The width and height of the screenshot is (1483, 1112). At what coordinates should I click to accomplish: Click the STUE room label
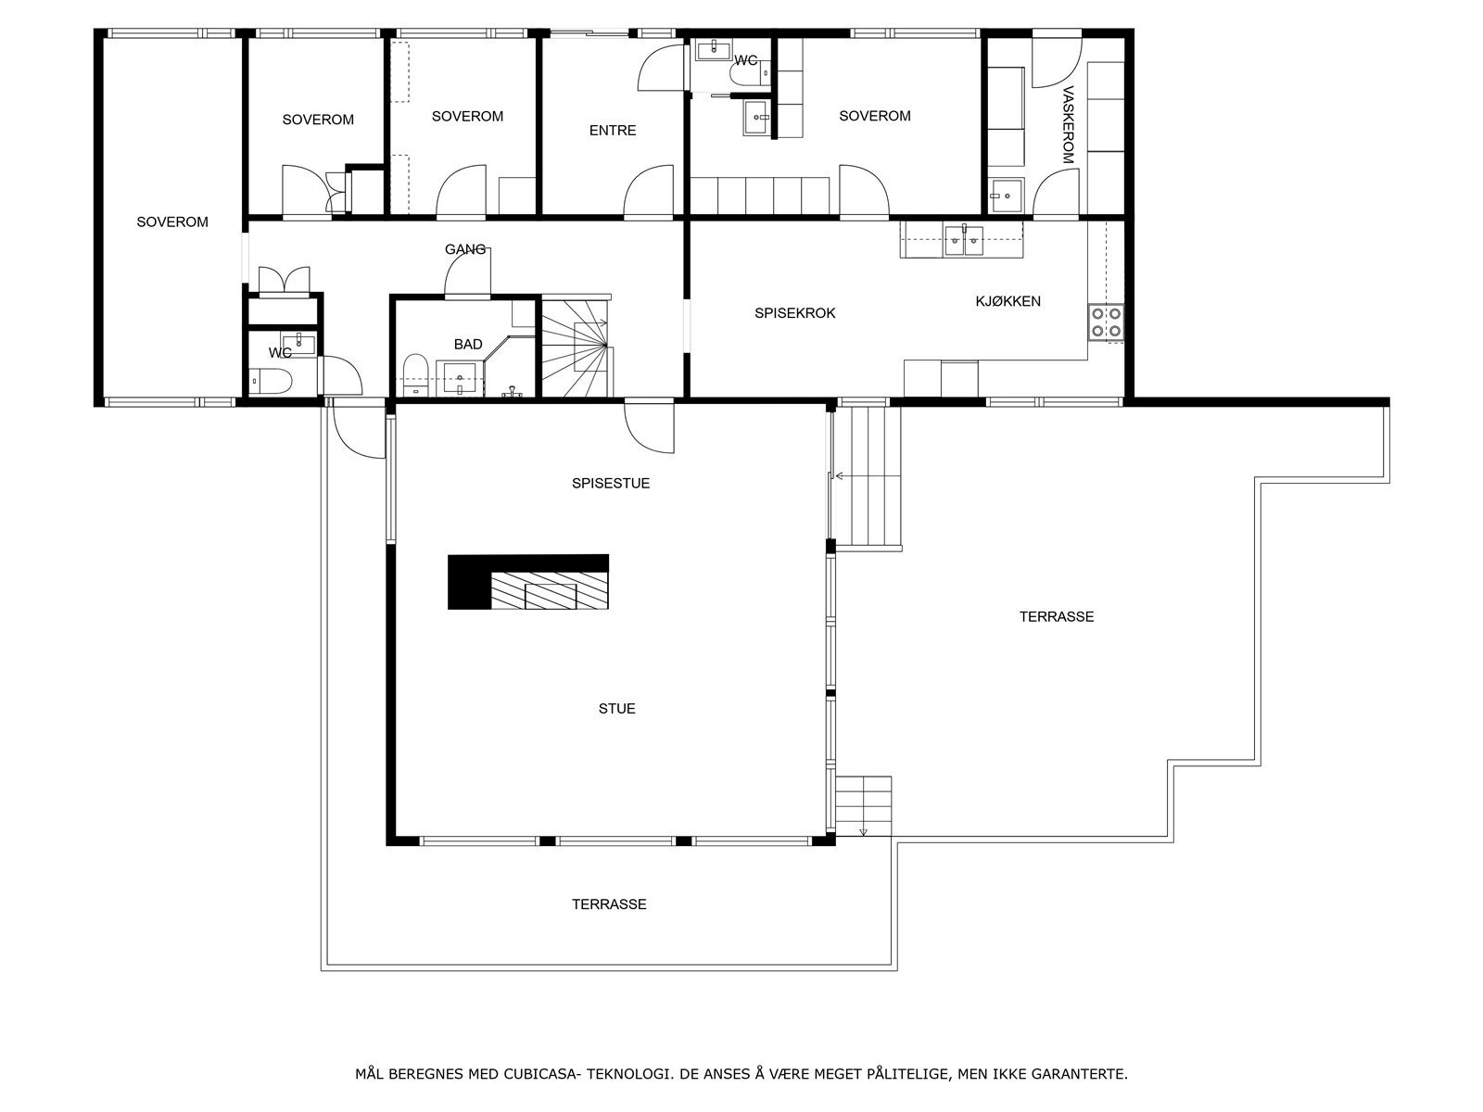pyautogui.click(x=616, y=708)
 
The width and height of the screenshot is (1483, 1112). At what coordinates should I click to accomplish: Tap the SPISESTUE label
pyautogui.click(x=611, y=484)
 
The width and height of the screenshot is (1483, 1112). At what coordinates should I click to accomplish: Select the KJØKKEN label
pyautogui.click(x=1008, y=301)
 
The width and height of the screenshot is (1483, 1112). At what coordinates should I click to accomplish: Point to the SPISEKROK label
pyautogui.click(x=794, y=313)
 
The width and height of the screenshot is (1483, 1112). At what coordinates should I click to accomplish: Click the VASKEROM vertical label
pyautogui.click(x=1068, y=125)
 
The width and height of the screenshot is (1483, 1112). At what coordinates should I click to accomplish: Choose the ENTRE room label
pyautogui.click(x=612, y=131)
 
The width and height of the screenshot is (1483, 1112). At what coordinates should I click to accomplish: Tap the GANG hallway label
pyautogui.click(x=465, y=249)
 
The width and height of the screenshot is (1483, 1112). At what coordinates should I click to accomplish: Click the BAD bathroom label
pyautogui.click(x=468, y=345)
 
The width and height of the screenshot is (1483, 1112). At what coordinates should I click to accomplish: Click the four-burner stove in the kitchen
pyautogui.click(x=1106, y=322)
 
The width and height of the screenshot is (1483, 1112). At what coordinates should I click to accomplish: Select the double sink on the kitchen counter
pyautogui.click(x=964, y=241)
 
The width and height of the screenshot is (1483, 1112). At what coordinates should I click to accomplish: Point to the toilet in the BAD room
pyautogui.click(x=414, y=375)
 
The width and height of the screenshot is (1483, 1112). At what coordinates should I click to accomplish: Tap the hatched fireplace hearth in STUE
pyautogui.click(x=550, y=589)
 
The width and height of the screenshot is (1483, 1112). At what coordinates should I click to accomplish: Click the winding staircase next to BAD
pyautogui.click(x=577, y=347)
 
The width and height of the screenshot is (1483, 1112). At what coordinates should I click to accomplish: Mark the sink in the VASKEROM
pyautogui.click(x=1007, y=196)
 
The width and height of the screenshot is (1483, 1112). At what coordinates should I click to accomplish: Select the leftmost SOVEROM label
pyautogui.click(x=172, y=222)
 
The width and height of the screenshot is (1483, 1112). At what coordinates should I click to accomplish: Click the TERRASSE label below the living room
pyautogui.click(x=609, y=904)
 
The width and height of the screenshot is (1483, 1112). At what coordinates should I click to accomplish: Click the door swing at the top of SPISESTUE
pyautogui.click(x=650, y=428)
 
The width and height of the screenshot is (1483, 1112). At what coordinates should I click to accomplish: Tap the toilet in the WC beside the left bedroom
pyautogui.click(x=271, y=382)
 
